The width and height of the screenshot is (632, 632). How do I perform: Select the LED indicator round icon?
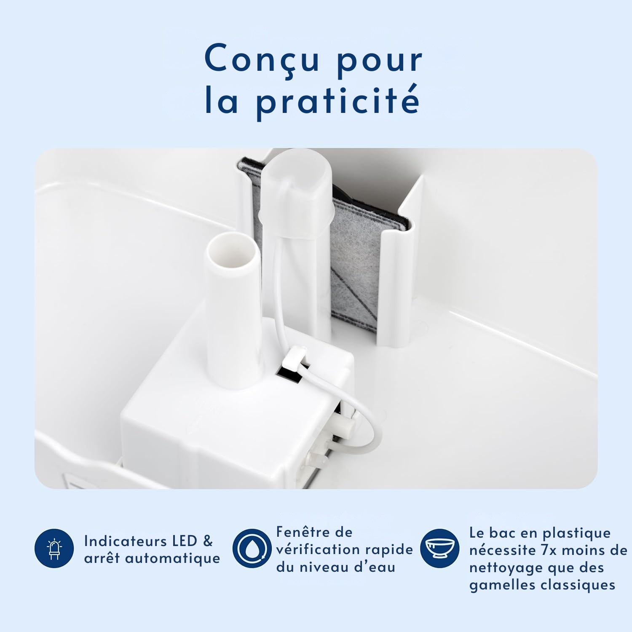click(54, 548)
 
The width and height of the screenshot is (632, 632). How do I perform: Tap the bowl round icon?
click(440, 548)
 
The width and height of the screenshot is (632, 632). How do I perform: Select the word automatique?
click(173, 559)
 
